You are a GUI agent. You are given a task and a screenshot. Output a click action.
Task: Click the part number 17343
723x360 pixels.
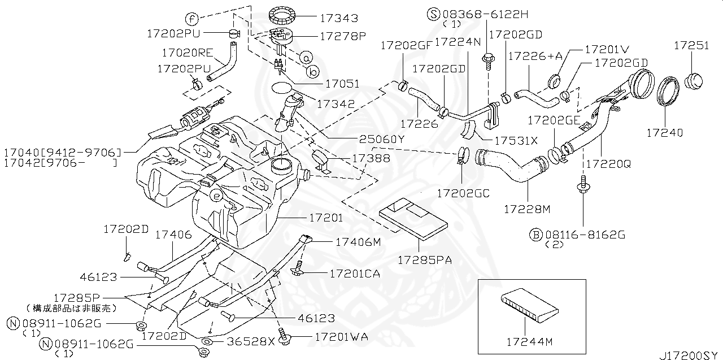pyautogui.click(x=339, y=19)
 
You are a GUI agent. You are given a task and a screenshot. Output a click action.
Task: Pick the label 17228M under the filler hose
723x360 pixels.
pyautogui.click(x=527, y=209)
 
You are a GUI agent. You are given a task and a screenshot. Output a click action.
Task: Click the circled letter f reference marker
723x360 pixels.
pyautogui.click(x=192, y=19)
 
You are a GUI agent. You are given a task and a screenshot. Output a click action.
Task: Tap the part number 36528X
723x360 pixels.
pyautogui.click(x=251, y=342)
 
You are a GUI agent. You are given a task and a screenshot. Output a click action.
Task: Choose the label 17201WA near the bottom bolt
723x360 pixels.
pyautogui.click(x=341, y=336)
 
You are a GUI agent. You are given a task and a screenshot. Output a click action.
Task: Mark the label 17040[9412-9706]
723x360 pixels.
pyautogui.click(x=63, y=153)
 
